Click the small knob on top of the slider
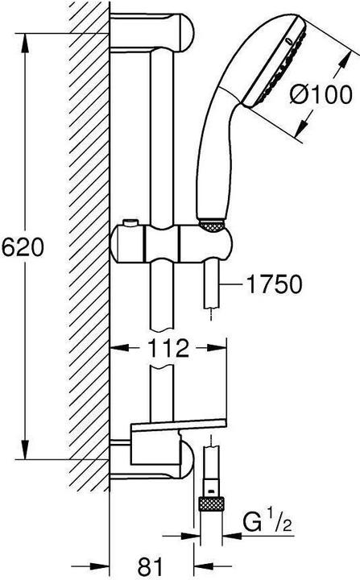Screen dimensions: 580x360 tap(131, 222)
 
